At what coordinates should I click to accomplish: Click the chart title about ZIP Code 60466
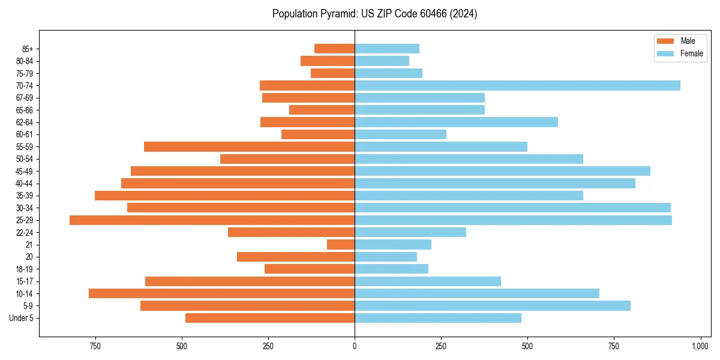click(x=374, y=14)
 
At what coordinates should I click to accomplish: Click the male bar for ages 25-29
click(x=212, y=220)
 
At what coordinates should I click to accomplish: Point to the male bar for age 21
click(x=341, y=245)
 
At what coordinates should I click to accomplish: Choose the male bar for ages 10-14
click(x=221, y=293)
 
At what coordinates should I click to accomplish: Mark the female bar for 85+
click(x=387, y=49)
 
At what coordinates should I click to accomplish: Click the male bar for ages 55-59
click(x=249, y=147)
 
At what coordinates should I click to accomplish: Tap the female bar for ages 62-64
click(x=456, y=122)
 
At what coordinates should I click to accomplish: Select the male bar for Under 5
click(x=270, y=318)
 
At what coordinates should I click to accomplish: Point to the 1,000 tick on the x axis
click(x=700, y=346)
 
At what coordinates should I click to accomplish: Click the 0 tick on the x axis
click(x=355, y=346)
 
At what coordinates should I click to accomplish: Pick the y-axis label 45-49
click(x=25, y=171)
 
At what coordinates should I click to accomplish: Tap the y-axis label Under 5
click(x=22, y=318)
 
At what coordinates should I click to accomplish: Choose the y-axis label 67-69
click(x=25, y=98)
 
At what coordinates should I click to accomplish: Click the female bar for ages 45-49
click(x=502, y=171)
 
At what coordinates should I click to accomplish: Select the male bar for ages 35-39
click(x=224, y=196)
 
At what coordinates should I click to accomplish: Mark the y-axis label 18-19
click(x=25, y=269)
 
